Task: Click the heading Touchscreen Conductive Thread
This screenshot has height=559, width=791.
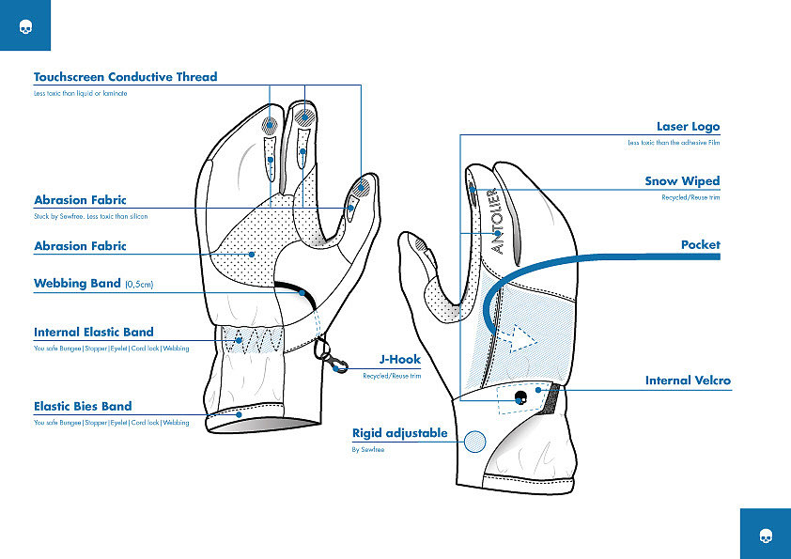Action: click(125, 77)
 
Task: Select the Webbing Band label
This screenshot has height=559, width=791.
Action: click(78, 283)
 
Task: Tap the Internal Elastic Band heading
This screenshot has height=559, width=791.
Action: click(94, 332)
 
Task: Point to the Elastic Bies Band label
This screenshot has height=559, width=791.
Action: click(83, 406)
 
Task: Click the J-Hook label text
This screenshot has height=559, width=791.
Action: click(400, 359)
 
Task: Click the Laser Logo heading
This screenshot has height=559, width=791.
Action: click(688, 126)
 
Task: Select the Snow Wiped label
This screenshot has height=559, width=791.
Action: click(682, 180)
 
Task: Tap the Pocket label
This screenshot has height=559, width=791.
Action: click(700, 244)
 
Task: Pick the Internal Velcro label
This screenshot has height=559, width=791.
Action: click(688, 380)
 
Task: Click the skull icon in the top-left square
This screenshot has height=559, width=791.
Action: click(24, 25)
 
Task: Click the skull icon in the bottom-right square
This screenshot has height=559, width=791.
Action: click(765, 535)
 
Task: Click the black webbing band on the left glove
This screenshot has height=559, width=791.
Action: click(293, 287)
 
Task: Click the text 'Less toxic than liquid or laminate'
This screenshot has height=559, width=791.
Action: click(80, 94)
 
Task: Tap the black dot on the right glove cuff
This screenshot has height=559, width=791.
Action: click(520, 397)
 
